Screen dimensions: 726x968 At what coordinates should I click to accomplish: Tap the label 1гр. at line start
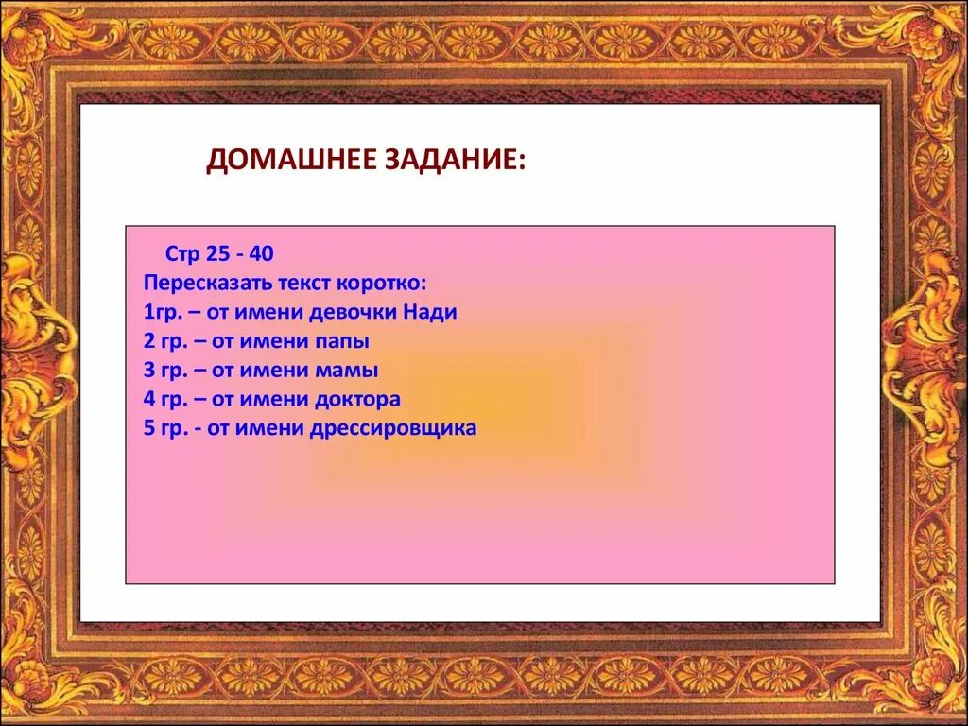tap(161, 312)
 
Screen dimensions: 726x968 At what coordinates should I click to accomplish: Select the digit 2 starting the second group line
tap(149, 341)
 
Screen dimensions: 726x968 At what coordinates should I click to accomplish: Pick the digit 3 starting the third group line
tap(149, 371)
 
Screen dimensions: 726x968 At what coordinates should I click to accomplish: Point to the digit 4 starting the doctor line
tap(149, 399)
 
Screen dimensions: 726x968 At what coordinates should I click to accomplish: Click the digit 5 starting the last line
tap(149, 428)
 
